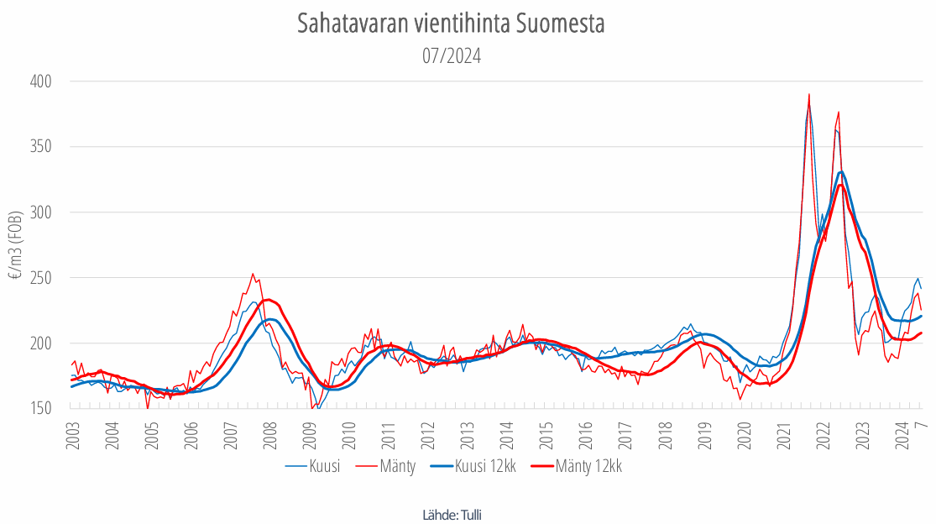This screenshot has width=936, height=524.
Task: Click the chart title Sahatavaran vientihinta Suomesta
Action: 451,24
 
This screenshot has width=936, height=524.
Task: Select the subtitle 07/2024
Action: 451,56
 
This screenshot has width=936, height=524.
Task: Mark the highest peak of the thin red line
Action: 808,94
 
